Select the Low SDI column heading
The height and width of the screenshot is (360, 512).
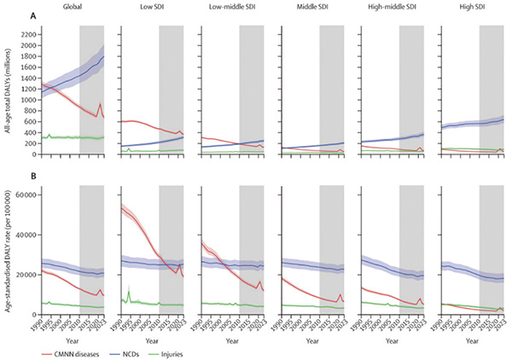pos(152,8)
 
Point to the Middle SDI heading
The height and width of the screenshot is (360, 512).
pos(311,8)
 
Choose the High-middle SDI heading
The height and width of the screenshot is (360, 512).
pos(392,8)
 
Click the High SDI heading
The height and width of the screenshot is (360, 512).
pos(472,8)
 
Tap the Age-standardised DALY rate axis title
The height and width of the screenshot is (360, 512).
pos(7,256)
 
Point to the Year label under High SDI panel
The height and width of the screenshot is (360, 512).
pos(472,339)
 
